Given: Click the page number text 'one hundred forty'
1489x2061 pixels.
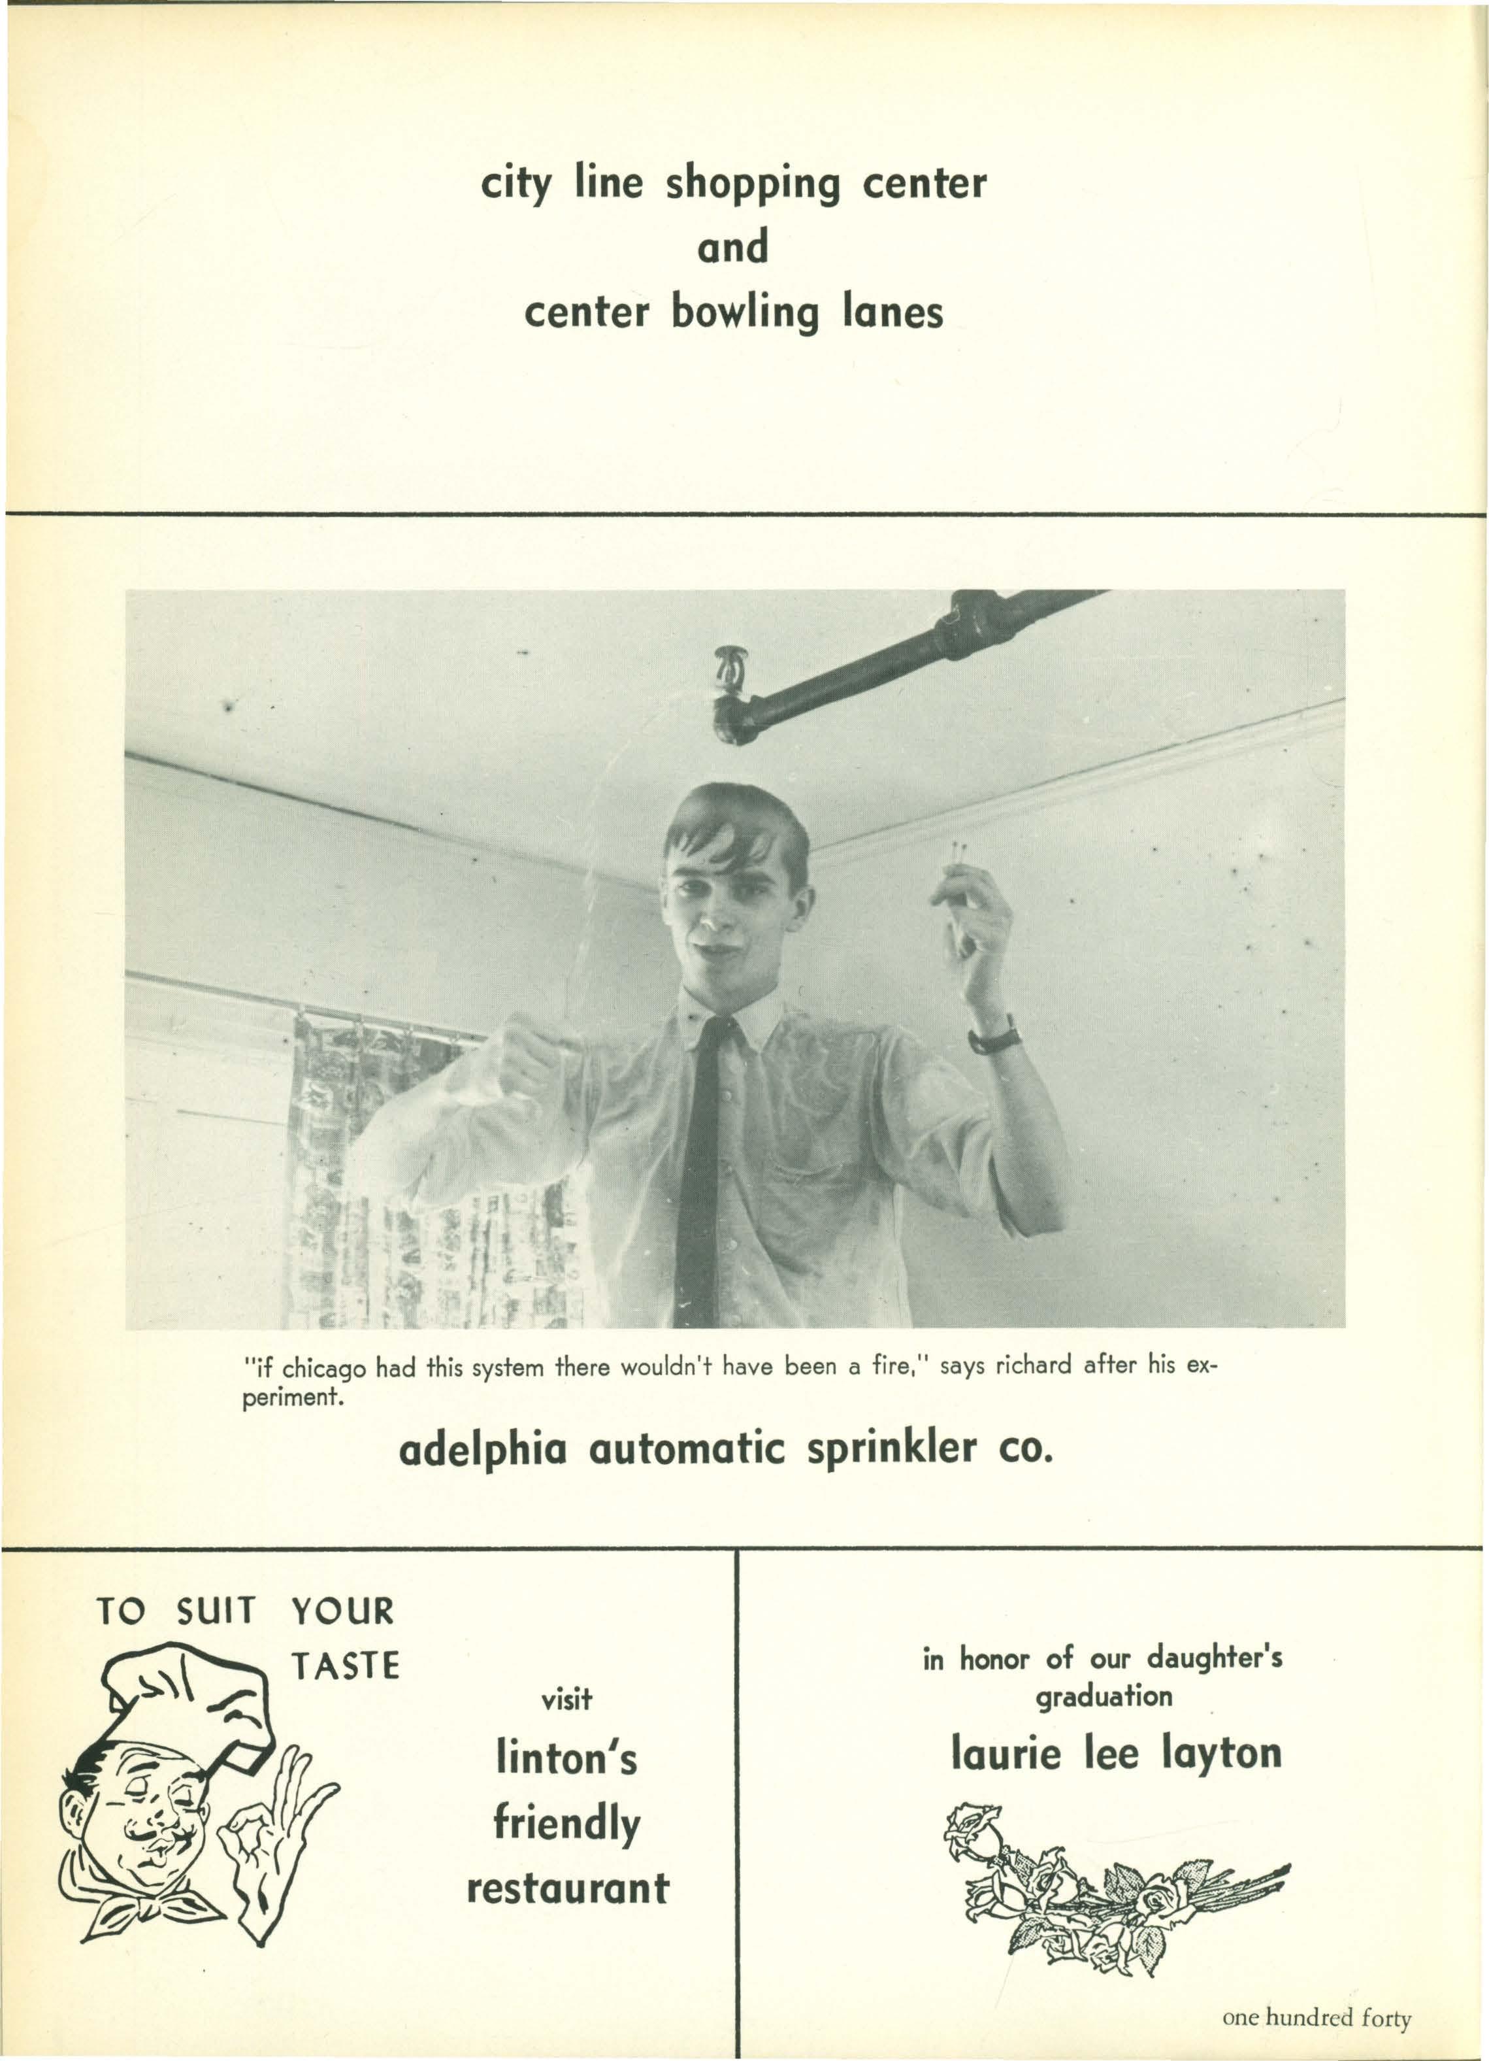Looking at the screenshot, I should pyautogui.click(x=1317, y=2012).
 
